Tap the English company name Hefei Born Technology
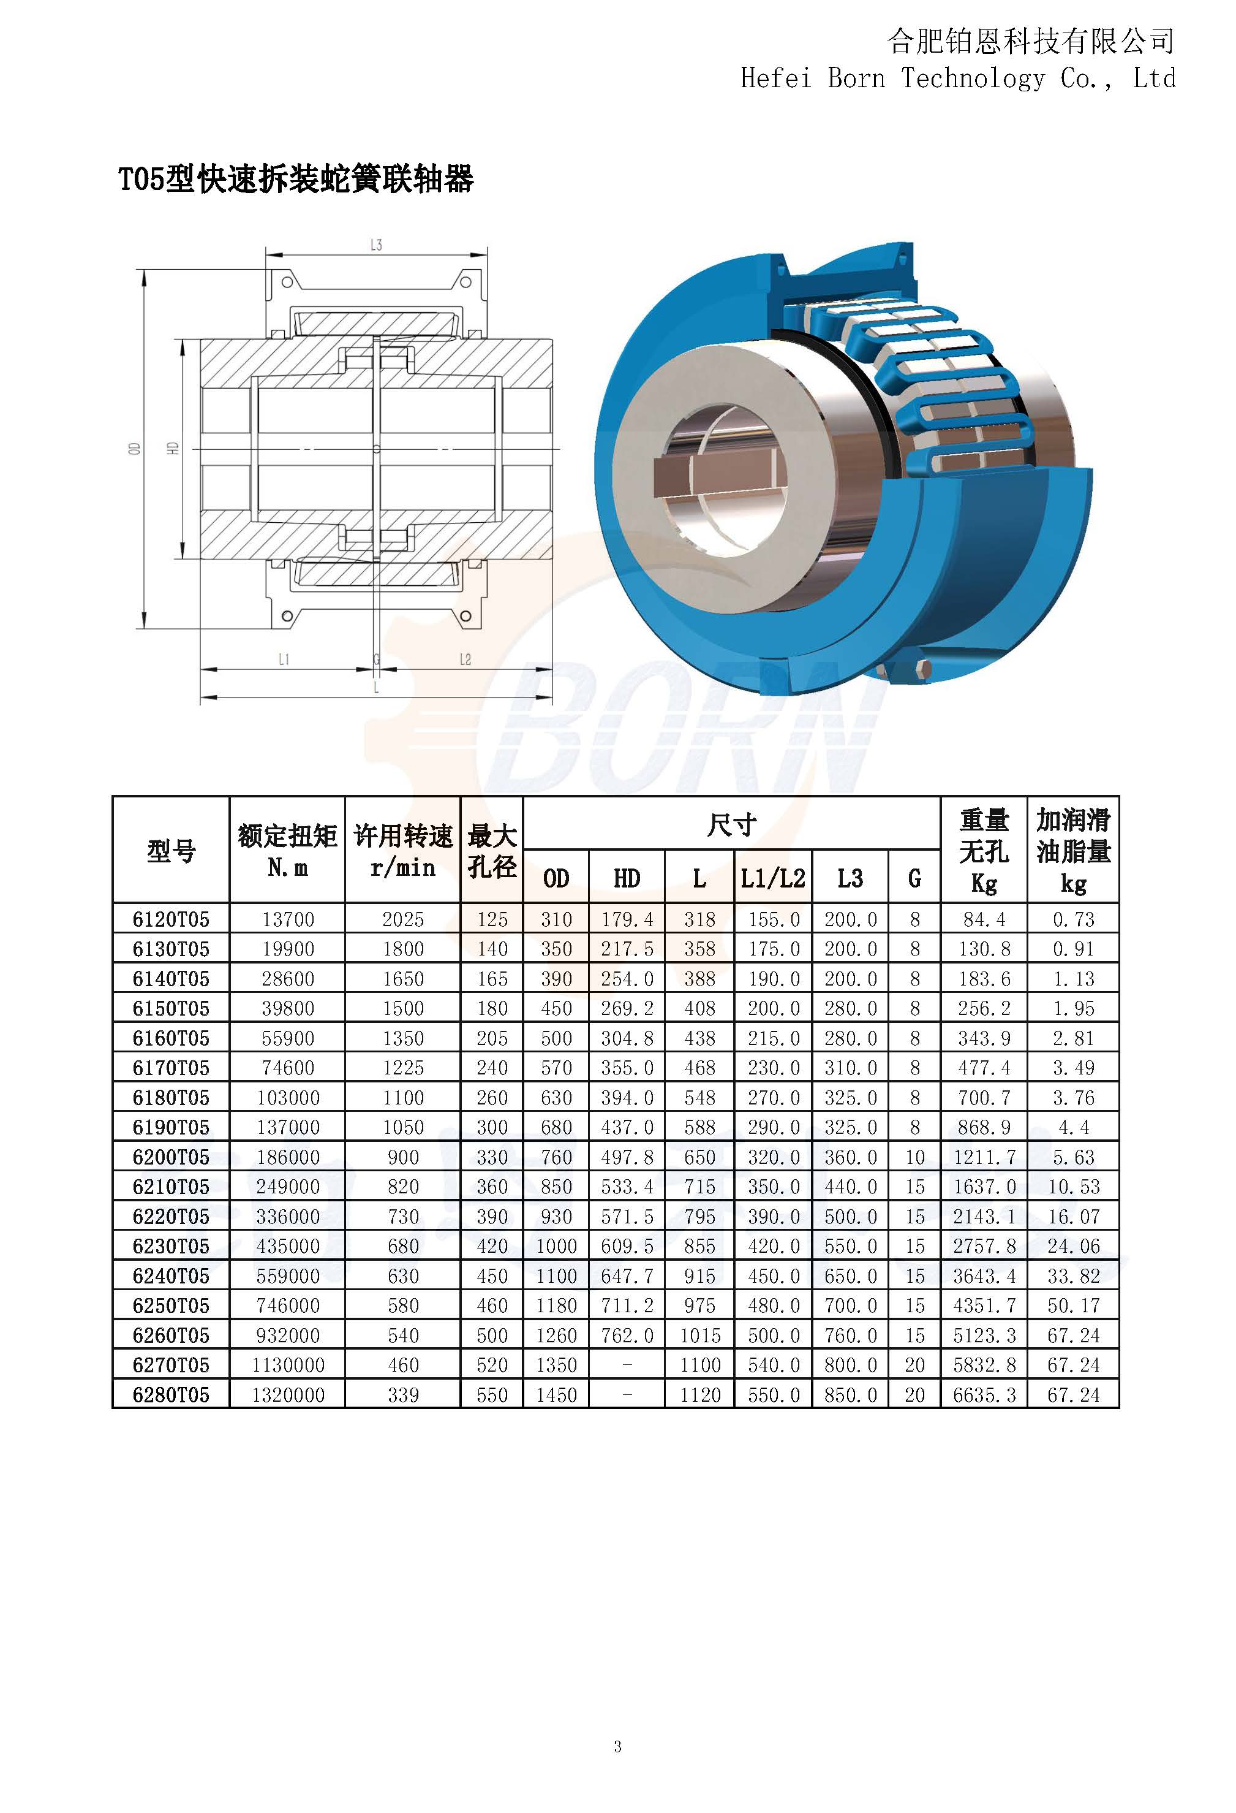(892, 78)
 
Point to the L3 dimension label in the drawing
(376, 245)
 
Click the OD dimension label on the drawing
(134, 449)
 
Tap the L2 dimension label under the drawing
(465, 659)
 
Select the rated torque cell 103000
(288, 1098)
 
